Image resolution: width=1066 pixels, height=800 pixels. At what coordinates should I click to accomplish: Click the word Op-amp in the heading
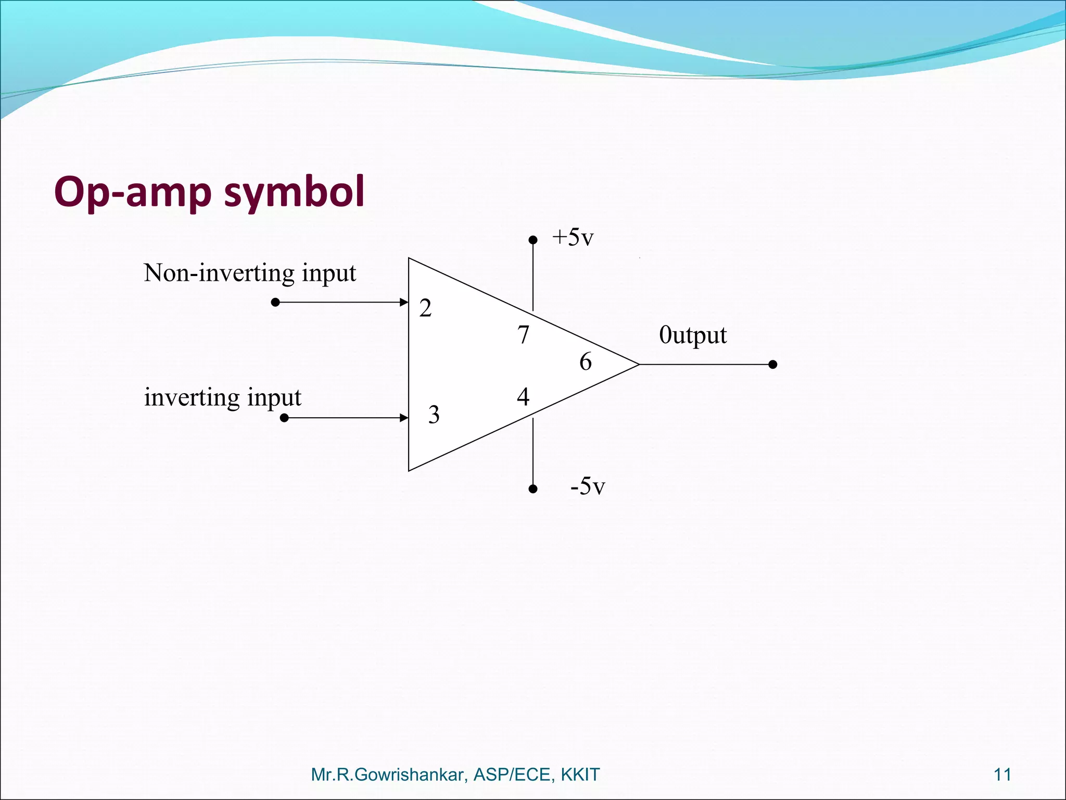pyautogui.click(x=133, y=192)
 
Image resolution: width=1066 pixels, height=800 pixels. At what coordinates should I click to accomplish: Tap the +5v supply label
pyautogui.click(x=573, y=238)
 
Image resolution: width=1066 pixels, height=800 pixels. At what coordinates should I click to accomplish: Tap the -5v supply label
pyautogui.click(x=588, y=486)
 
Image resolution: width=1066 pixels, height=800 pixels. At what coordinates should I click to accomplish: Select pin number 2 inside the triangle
pyautogui.click(x=425, y=308)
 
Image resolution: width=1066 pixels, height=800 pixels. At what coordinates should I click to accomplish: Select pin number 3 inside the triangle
pyautogui.click(x=434, y=415)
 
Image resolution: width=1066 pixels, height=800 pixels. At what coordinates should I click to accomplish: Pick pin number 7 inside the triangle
pyautogui.click(x=523, y=335)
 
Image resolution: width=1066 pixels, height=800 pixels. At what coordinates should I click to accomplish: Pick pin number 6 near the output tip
pyautogui.click(x=586, y=362)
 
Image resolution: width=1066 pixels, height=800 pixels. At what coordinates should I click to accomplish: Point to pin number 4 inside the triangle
pyautogui.click(x=523, y=397)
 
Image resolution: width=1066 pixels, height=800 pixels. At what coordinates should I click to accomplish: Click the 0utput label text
pyautogui.click(x=692, y=335)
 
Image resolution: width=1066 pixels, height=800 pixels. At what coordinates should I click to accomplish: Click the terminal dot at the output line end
pyautogui.click(x=773, y=365)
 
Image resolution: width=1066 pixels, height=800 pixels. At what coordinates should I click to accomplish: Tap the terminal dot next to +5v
pyautogui.click(x=532, y=240)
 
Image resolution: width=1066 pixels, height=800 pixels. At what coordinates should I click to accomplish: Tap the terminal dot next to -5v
pyautogui.click(x=532, y=489)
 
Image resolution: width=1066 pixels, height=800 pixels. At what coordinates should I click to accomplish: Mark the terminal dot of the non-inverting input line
pyautogui.click(x=275, y=302)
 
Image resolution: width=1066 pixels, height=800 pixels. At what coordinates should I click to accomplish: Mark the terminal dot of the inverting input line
pyautogui.click(x=284, y=418)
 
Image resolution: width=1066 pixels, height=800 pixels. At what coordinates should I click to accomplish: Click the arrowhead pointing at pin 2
pyautogui.click(x=403, y=302)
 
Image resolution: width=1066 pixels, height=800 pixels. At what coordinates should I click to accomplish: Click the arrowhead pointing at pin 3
pyautogui.click(x=403, y=418)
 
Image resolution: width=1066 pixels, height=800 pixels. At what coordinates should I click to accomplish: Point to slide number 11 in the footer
pyautogui.click(x=1002, y=774)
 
